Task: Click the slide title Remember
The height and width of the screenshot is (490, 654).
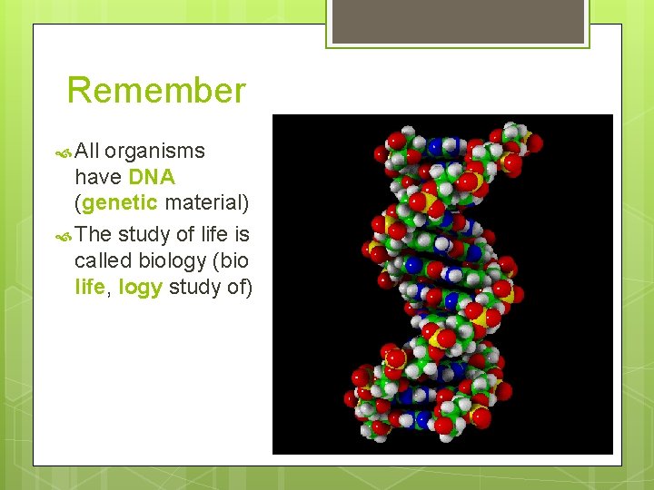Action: [156, 91]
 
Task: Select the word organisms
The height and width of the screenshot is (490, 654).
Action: [154, 151]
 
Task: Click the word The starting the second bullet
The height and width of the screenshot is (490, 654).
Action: [94, 234]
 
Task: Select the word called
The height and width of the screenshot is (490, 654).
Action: [103, 261]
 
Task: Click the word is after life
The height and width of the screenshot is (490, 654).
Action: [241, 234]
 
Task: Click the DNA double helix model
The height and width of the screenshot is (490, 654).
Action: [442, 283]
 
